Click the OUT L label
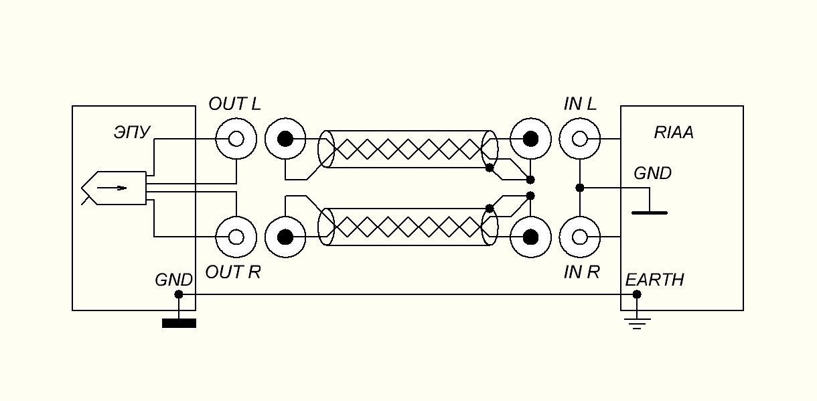(234, 105)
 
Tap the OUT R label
(232, 272)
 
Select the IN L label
(580, 105)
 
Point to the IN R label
(581, 272)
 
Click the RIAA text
(674, 133)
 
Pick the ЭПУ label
(132, 133)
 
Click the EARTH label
(654, 280)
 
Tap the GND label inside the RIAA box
(652, 174)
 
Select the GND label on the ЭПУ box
(173, 280)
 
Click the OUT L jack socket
(236, 139)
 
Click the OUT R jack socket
(236, 237)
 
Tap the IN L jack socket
(580, 139)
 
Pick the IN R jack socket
(580, 237)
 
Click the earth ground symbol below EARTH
(637, 323)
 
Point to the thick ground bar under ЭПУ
(179, 324)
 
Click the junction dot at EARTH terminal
(637, 294)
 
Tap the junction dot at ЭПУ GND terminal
(179, 294)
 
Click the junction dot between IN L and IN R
(580, 188)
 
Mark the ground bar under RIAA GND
(650, 213)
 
